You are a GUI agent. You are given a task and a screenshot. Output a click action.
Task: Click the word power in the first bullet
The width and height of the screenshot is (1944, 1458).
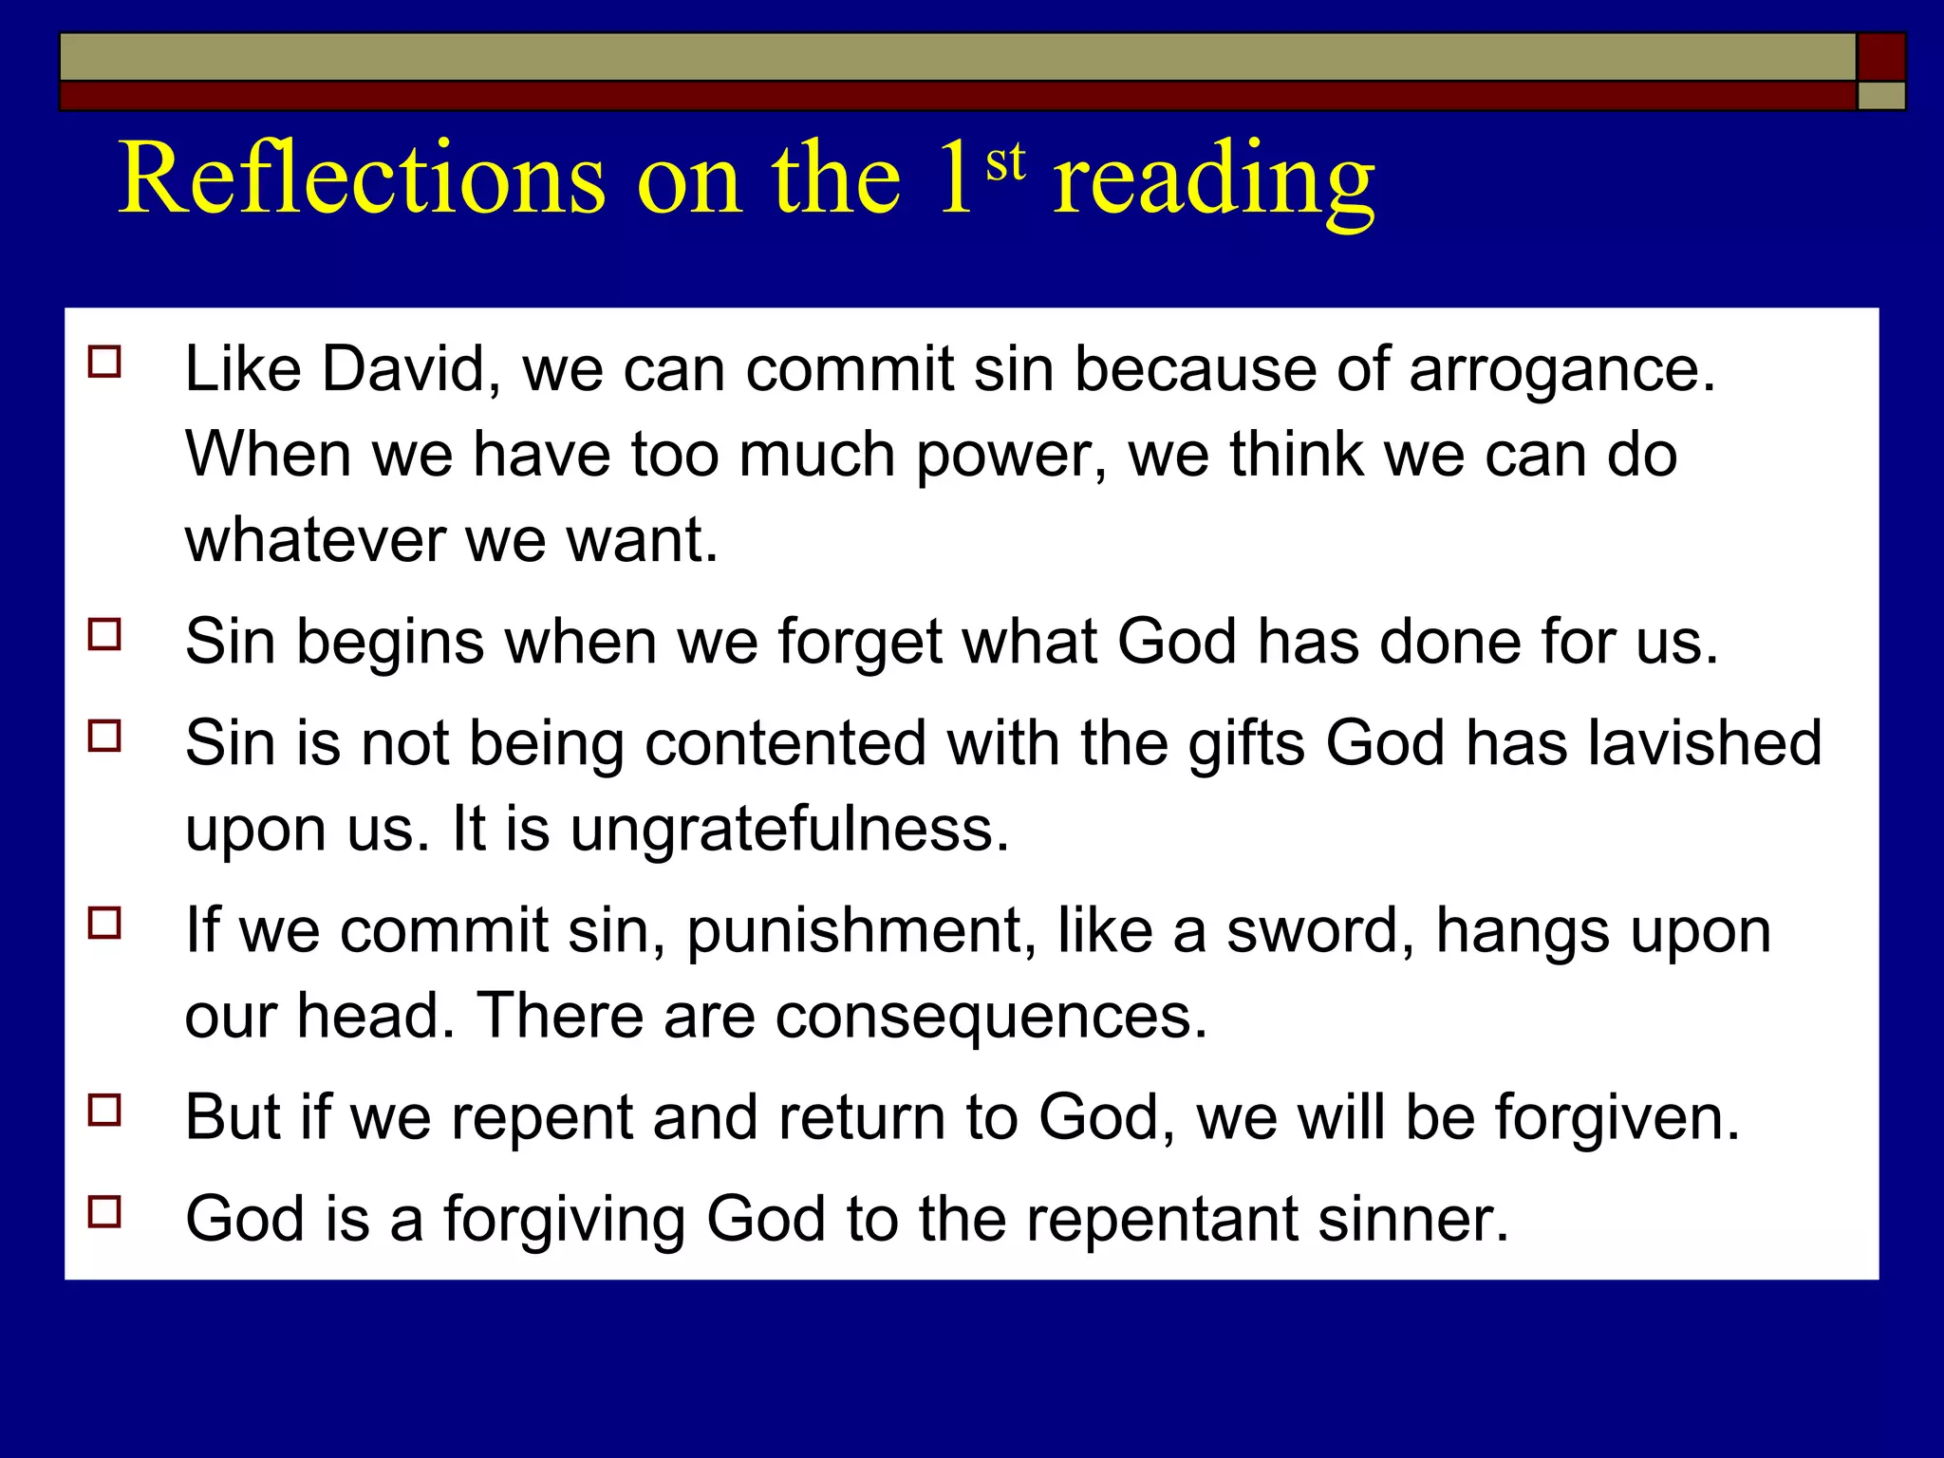pos(1010,456)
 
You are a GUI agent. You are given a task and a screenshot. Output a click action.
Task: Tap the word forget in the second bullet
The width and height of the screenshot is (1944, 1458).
pos(860,643)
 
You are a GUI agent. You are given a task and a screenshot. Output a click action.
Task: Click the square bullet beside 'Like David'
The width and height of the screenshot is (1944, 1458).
pos(104,362)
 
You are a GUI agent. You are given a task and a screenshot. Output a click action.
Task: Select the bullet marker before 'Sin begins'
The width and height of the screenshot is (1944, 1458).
pos(104,634)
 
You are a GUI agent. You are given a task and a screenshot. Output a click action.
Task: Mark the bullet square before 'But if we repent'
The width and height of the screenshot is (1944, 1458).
pos(104,1110)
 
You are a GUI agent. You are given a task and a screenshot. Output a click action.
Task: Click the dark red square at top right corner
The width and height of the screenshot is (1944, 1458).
pos(1880,56)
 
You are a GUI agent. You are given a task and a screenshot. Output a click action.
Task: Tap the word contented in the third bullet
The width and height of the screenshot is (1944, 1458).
pos(784,742)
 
